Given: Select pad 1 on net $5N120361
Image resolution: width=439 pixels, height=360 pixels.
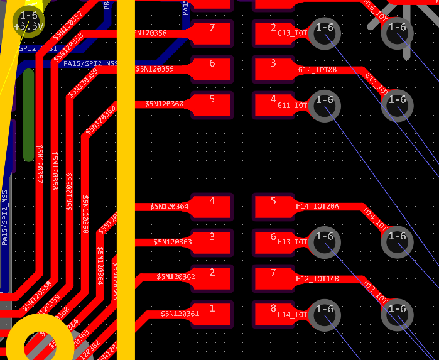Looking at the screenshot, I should click(x=212, y=314).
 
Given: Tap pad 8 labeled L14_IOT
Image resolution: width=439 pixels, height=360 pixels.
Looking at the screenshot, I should click(x=273, y=314).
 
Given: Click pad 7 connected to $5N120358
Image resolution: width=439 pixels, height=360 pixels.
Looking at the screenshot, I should click(x=212, y=33).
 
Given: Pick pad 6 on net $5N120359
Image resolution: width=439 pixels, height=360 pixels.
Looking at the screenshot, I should click(x=212, y=68).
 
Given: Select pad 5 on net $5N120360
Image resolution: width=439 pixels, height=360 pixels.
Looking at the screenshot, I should click(x=212, y=104).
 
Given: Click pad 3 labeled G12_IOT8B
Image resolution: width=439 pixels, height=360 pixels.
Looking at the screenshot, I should click(x=273, y=68).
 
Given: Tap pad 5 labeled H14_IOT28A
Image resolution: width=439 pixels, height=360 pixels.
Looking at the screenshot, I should click(x=273, y=206).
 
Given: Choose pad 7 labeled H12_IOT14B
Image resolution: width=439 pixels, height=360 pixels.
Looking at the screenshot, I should click(x=273, y=278).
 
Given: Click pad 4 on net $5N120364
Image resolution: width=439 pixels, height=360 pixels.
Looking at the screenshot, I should click(x=212, y=206).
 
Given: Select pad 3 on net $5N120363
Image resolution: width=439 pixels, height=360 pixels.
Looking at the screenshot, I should click(x=212, y=242).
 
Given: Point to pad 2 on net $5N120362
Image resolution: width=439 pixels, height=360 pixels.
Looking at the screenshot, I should click(x=212, y=278).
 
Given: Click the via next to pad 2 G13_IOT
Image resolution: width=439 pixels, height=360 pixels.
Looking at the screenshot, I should click(x=324, y=33).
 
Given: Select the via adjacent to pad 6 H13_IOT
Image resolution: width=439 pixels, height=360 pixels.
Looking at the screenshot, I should click(x=324, y=242).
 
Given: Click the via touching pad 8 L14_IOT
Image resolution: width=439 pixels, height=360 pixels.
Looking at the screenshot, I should click(x=324, y=314).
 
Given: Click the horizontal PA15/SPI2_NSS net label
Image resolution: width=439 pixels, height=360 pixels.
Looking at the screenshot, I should click(x=90, y=63).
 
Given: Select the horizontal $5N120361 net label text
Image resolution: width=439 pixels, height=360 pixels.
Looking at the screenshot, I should click(x=180, y=314).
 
